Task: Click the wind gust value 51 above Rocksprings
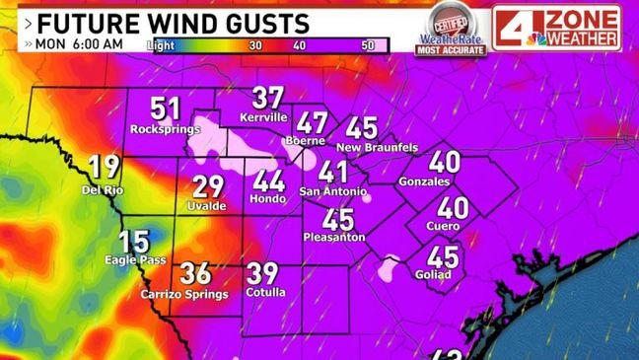tap(166, 109)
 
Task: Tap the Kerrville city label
tap(263, 117)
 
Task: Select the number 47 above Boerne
tap(313, 124)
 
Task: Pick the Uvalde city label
tap(207, 205)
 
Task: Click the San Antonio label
tap(333, 190)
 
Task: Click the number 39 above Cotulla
tap(261, 275)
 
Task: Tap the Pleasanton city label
tap(336, 237)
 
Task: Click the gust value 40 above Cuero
tap(453, 208)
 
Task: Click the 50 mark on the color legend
tap(368, 45)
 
